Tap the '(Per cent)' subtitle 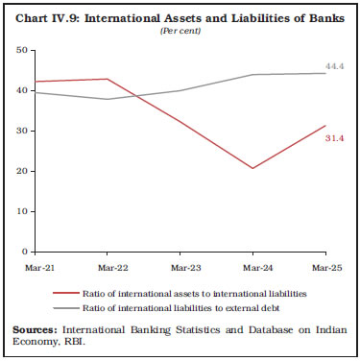(x=180, y=28)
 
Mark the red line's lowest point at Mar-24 (x=252, y=168)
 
